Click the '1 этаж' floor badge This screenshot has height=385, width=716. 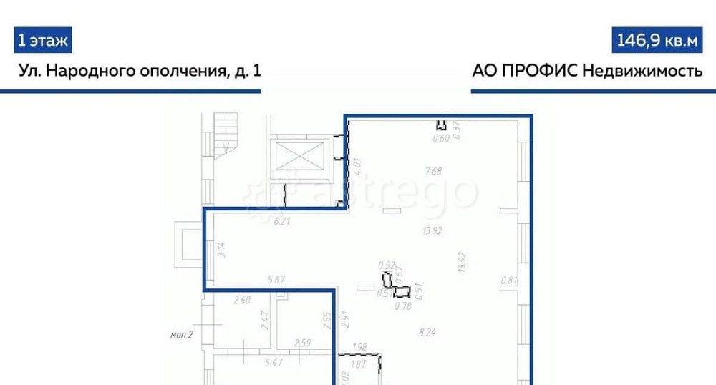coord(43,41)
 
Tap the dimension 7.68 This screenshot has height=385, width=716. coord(434,171)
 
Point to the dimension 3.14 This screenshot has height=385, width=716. coord(221,250)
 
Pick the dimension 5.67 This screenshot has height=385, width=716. coord(276,279)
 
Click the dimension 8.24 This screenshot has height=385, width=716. coord(428,331)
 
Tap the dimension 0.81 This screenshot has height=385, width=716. coord(509,280)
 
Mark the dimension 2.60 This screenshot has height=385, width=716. coord(243,301)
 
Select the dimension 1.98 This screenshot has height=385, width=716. coord(359,348)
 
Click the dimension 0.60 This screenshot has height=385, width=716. coord(442,139)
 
